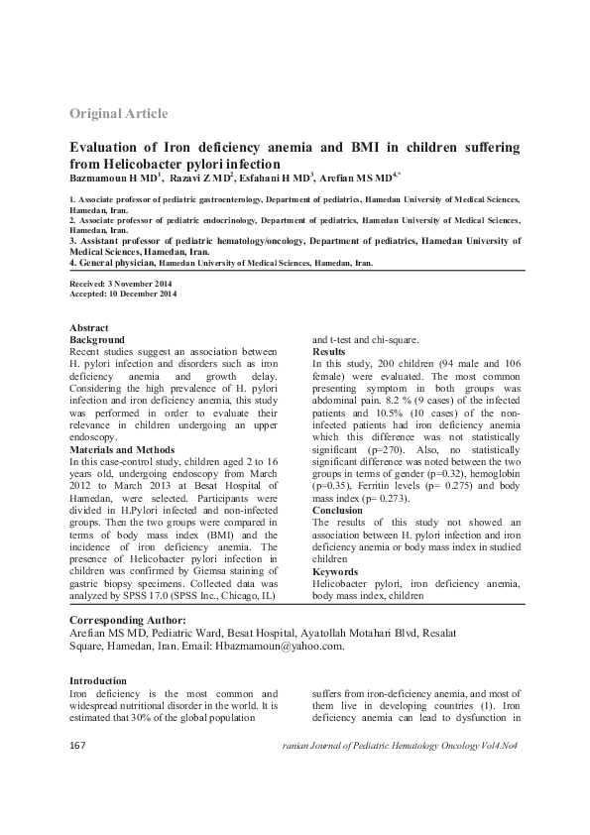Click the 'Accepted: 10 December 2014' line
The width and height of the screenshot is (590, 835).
(123, 294)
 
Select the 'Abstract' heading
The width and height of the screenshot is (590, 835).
(89, 328)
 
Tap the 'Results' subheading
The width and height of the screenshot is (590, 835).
(329, 352)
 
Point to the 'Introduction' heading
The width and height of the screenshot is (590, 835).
(97, 681)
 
